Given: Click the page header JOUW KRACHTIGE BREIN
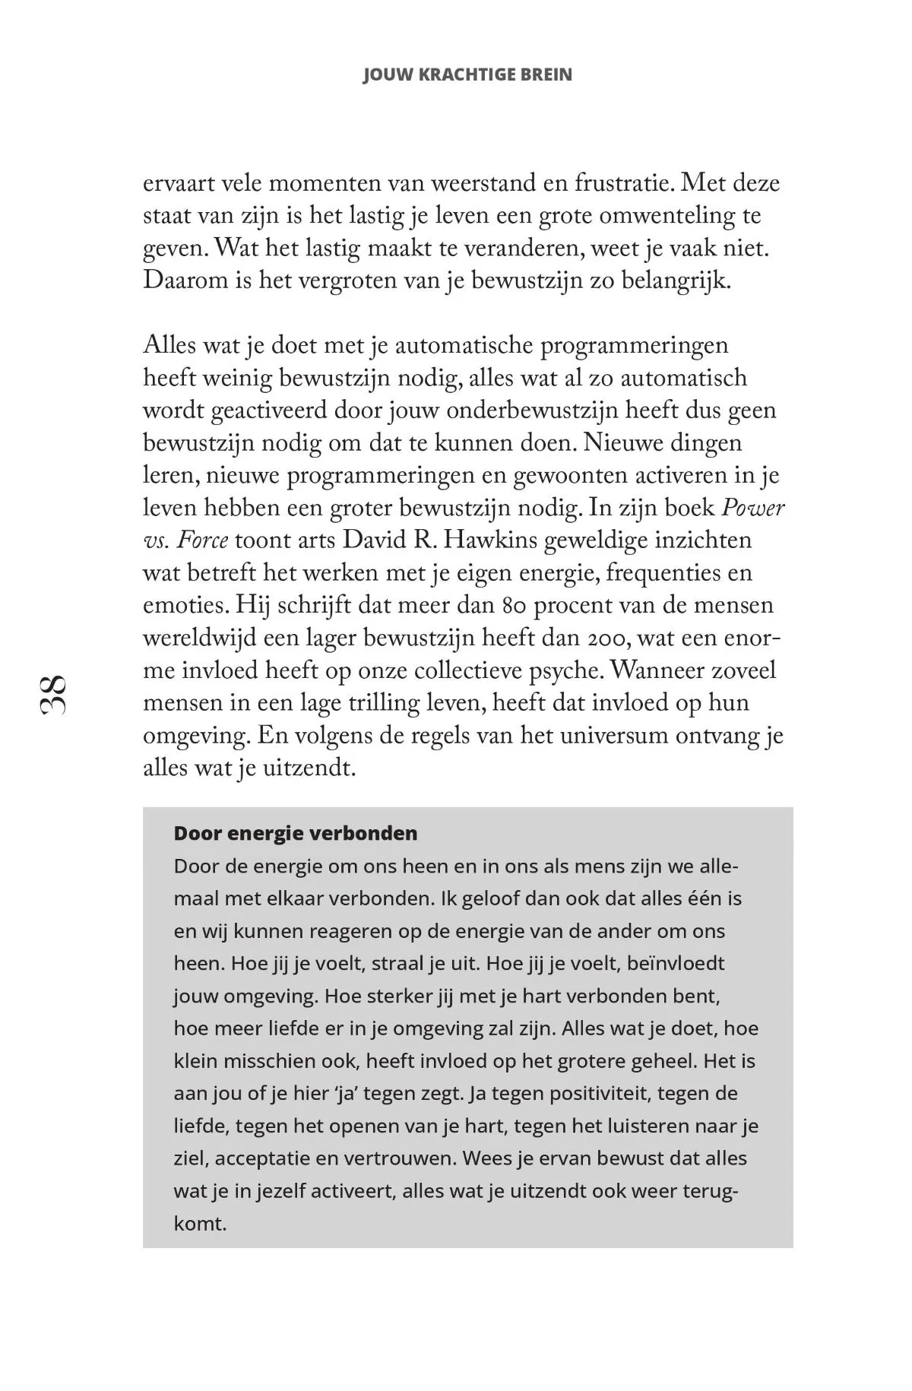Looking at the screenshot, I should pos(467,74).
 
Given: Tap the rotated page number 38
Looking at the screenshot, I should pos(53,693).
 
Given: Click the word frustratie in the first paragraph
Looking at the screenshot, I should pos(623,184).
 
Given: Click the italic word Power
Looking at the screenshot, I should pos(752,508).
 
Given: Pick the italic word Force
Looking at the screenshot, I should pos(202,540).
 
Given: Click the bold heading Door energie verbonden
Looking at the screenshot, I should pos(296,834).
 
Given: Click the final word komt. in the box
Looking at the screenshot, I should pos(201,1225).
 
